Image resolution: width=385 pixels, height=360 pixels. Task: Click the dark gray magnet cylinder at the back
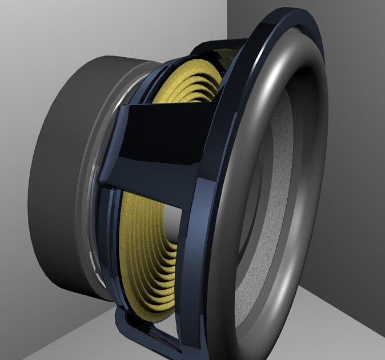pyautogui.click(x=63, y=171)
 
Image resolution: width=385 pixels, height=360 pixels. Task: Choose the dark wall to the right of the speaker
pyautogui.click(x=360, y=143)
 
